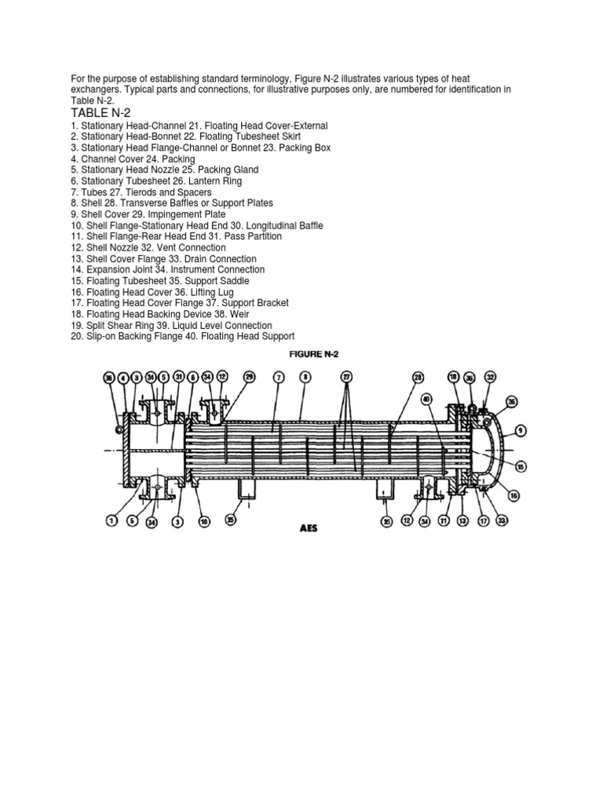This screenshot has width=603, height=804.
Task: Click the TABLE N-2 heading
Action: point(101,113)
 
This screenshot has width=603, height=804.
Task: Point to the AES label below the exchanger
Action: point(307,528)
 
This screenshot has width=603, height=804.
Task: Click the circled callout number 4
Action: point(123,378)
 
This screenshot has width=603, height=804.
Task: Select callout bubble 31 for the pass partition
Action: point(179,378)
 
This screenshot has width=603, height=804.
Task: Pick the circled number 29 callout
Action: point(250,378)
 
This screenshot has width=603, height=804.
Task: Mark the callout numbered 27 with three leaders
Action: point(345,378)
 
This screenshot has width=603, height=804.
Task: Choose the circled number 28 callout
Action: point(418,378)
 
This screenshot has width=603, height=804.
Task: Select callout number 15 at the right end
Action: point(521,466)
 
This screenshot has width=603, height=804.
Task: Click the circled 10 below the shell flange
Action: point(204,520)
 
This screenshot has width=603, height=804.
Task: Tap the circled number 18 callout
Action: point(454,378)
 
